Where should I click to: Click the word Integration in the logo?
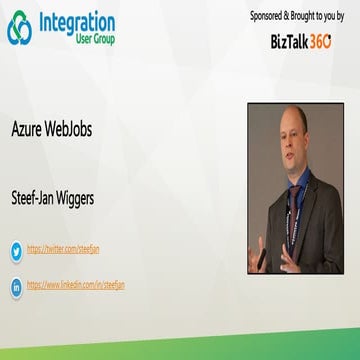click(x=77, y=22)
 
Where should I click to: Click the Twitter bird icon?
click(x=16, y=250)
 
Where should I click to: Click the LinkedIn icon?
click(x=16, y=286)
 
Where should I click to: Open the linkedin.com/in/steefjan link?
click(x=75, y=285)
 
